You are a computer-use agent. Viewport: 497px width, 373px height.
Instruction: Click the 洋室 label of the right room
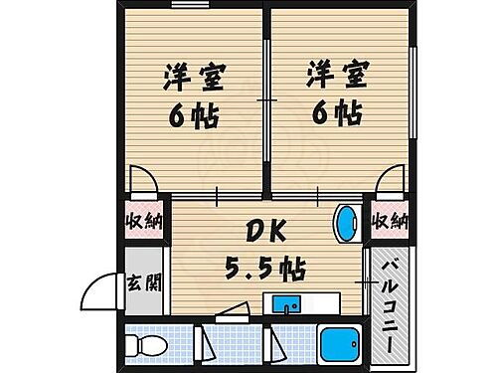coord(334,77)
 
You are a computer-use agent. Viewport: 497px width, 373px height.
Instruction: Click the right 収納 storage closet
coord(391,221)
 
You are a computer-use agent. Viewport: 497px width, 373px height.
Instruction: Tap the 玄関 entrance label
coord(140,282)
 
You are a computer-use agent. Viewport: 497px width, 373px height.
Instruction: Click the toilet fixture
coord(146,345)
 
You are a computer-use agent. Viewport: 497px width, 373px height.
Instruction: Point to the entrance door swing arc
coord(99,290)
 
